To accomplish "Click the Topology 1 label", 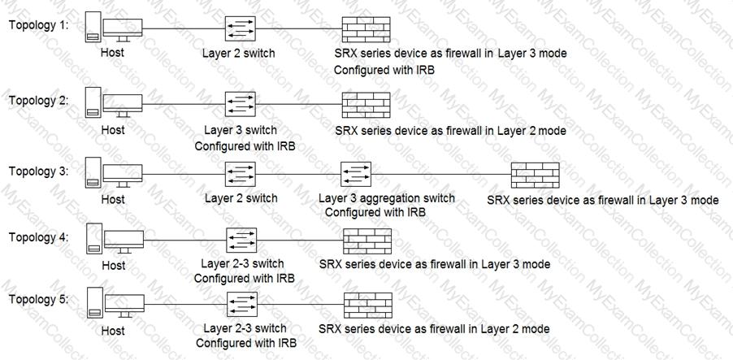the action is click(x=38, y=25).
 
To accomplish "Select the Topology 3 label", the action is click(x=38, y=171).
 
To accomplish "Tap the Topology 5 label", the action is click(x=38, y=299).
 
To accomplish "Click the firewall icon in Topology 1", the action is click(x=366, y=29).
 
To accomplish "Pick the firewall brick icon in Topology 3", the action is click(x=536, y=175).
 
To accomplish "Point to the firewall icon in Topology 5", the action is click(x=368, y=306).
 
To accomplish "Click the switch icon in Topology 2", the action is click(x=241, y=104).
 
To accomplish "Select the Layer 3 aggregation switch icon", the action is click(x=356, y=175).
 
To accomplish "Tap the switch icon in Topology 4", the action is click(x=241, y=241).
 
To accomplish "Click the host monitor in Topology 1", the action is click(x=123, y=30).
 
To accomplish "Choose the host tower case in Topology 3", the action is click(x=93, y=173).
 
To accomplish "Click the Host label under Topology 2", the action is click(x=113, y=129).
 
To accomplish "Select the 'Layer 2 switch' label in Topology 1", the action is click(x=238, y=53).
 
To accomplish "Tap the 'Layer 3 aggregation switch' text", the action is click(x=387, y=198).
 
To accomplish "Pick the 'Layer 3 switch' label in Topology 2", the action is click(x=241, y=129).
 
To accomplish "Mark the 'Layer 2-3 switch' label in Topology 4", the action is click(x=242, y=263).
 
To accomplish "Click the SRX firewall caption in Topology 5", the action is click(x=434, y=328).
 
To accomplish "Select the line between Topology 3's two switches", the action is click(x=298, y=175).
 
